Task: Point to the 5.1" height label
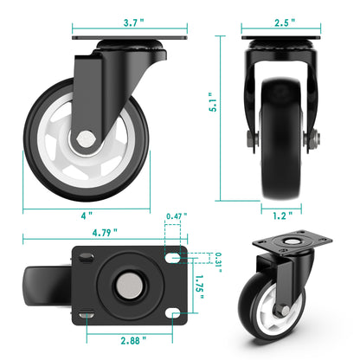click(x=224, y=112)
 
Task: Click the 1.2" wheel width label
click(x=281, y=213)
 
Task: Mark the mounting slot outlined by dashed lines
click(x=174, y=258)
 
